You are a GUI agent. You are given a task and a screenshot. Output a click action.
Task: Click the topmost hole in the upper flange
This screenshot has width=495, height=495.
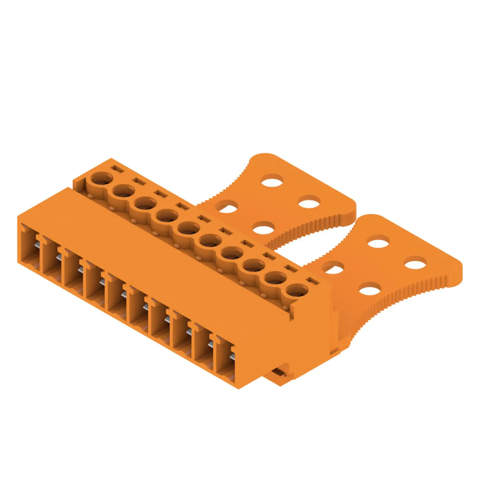tap(272, 180)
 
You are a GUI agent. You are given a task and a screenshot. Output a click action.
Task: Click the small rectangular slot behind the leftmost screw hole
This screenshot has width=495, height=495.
tap(117, 169)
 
